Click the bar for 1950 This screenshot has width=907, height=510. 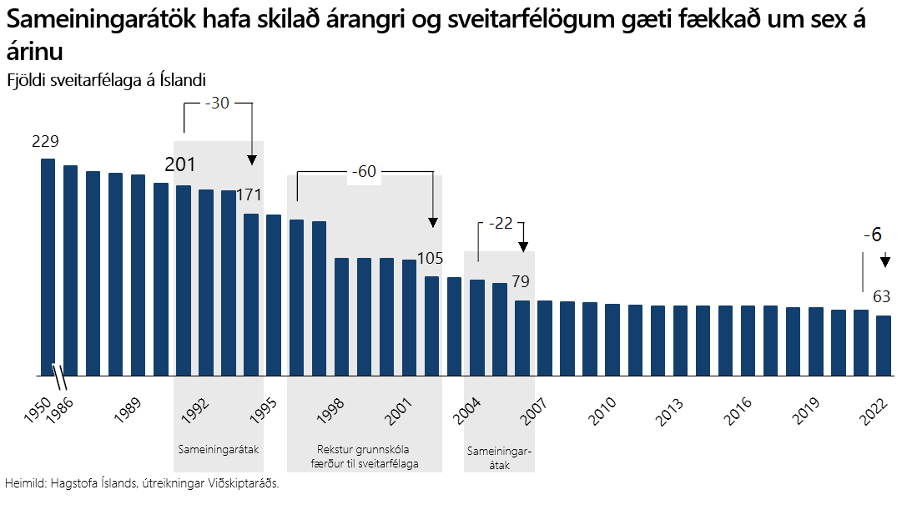tap(48, 267)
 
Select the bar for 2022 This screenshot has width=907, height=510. tap(884, 346)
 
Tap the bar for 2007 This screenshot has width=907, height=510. tap(522, 338)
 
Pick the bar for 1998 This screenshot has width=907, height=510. tap(341, 317)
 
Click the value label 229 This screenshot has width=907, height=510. tap(45, 142)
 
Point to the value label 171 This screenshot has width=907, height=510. tap(249, 195)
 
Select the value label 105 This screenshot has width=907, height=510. tap(430, 258)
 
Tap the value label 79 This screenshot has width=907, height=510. tap(521, 281)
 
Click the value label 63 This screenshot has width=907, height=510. tap(882, 296)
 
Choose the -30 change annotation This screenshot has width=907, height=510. tap(217, 104)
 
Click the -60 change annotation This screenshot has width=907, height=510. tap(364, 172)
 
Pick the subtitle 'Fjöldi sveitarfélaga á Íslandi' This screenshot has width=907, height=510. tap(106, 79)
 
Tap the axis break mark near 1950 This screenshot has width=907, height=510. tap(60, 376)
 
